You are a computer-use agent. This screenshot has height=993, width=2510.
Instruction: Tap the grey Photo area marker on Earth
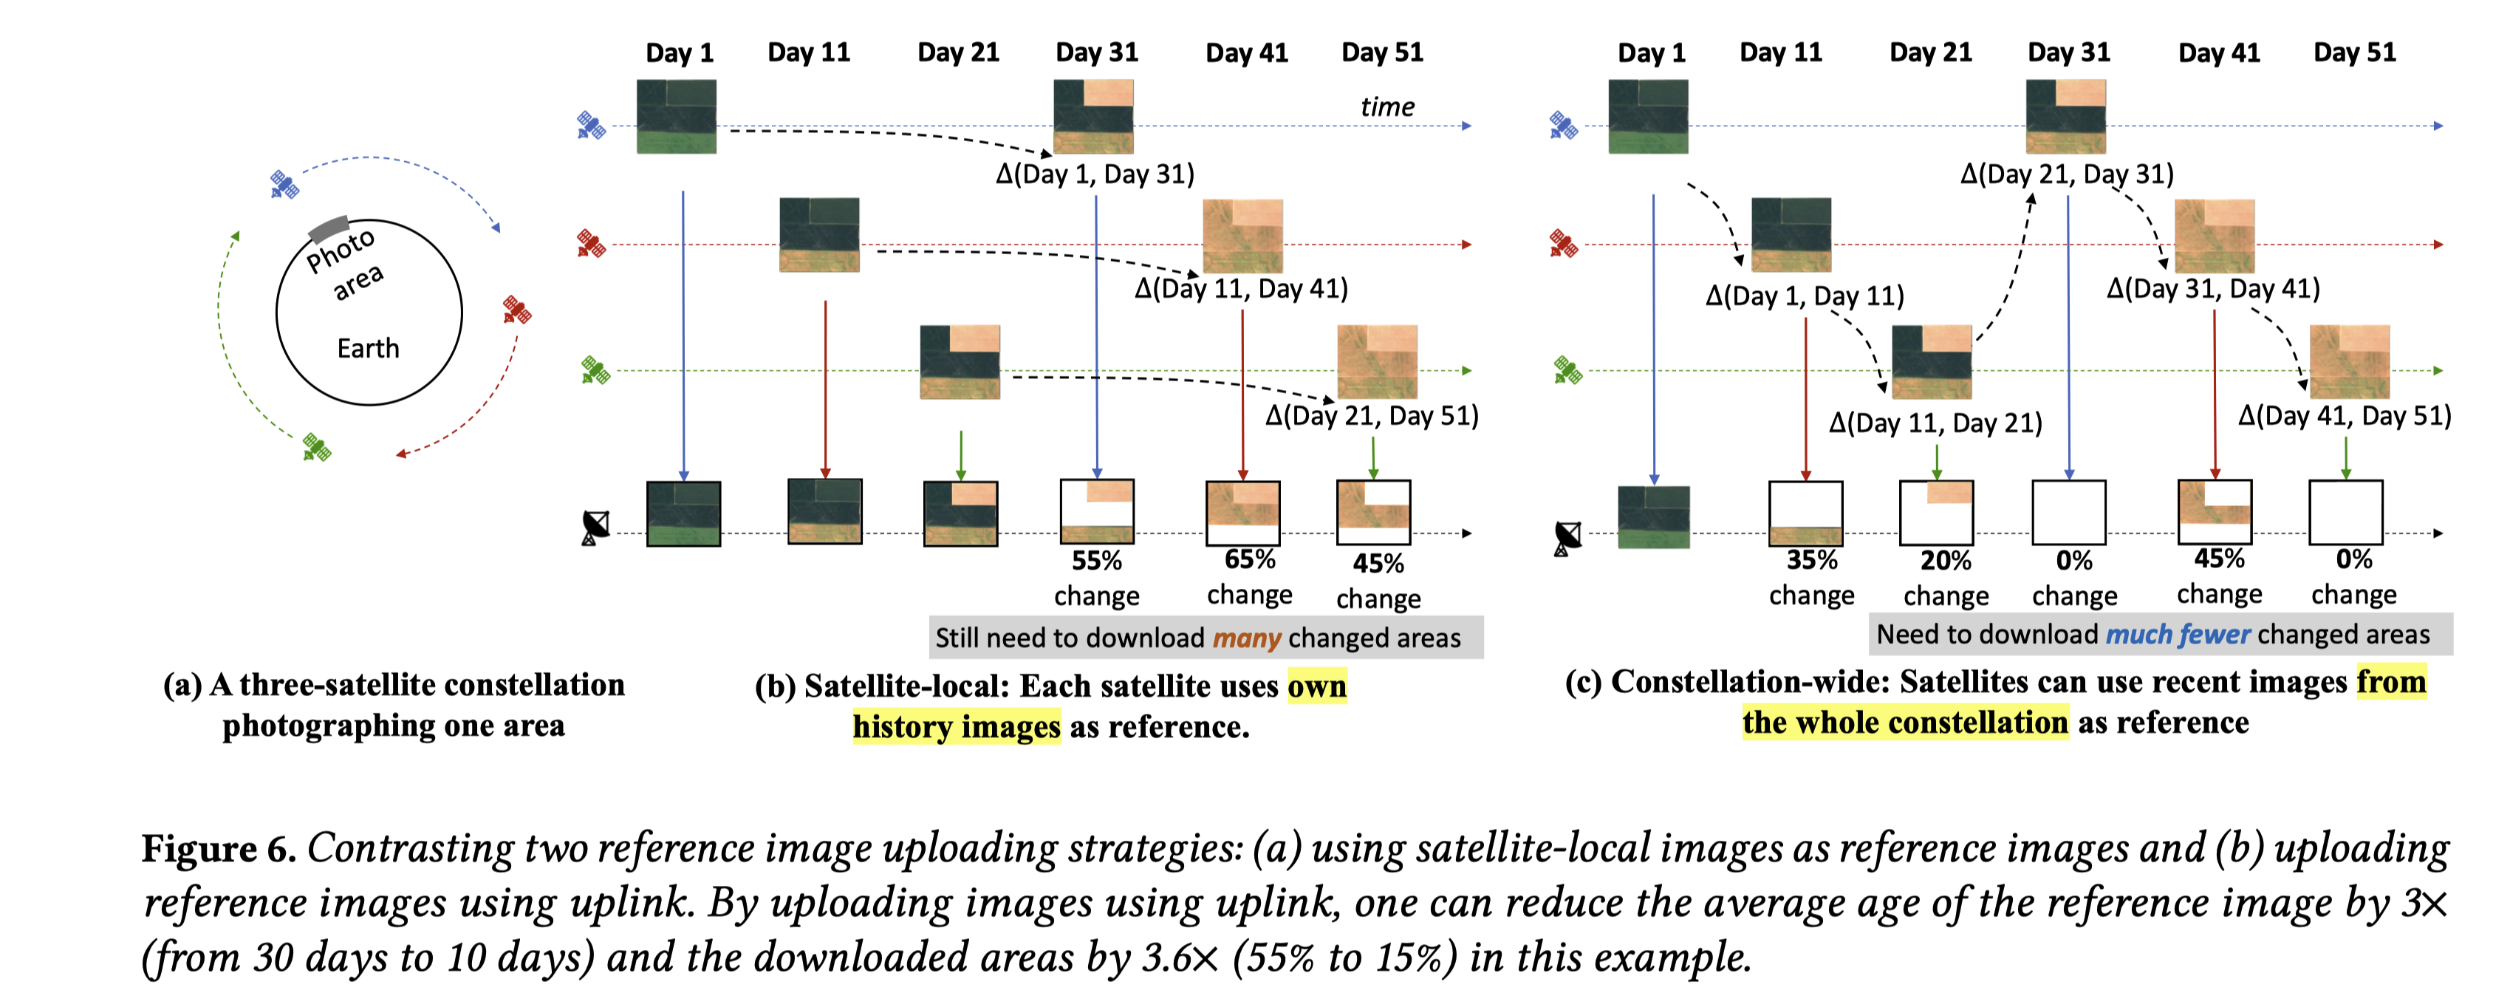point(329,229)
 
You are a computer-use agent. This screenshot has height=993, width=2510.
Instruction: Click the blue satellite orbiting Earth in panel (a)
point(284,183)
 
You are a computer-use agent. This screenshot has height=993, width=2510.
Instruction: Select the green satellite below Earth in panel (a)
point(315,447)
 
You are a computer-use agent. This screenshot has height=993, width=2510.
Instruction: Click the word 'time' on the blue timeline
point(1386,106)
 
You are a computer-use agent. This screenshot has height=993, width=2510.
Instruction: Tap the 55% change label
point(1096,562)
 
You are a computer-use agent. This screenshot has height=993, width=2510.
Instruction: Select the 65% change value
point(1249,559)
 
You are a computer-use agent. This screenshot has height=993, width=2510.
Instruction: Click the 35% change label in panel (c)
point(1811,560)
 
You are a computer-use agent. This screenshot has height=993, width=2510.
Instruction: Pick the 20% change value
point(1945,562)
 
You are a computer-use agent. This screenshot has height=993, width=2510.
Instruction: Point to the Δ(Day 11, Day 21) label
point(1935,423)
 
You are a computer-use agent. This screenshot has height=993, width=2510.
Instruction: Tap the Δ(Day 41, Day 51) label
point(2345,416)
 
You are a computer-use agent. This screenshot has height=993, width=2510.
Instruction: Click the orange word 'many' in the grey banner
point(1246,638)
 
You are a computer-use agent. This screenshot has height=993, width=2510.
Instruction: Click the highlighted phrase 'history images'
point(956,727)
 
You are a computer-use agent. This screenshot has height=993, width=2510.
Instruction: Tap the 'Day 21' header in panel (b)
point(958,52)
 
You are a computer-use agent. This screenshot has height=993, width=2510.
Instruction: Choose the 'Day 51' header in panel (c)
point(2354,52)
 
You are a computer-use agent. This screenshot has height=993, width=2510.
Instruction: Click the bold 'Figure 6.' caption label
point(218,849)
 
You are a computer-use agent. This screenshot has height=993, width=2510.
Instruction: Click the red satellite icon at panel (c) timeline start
point(1563,244)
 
